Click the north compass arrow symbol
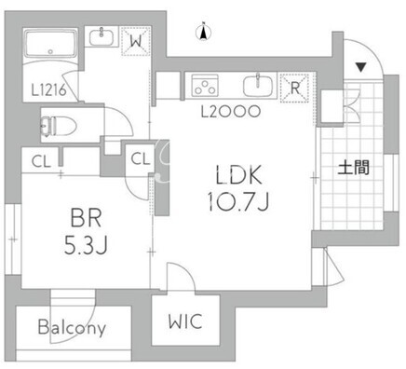point(204,32)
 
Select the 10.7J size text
point(238,201)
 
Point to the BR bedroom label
point(86,218)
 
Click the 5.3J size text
point(86,244)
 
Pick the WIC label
point(185,321)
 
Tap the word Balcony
point(72,327)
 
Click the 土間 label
point(354,169)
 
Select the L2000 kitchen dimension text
point(230,112)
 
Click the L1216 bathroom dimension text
point(49,90)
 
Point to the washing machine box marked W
point(136,41)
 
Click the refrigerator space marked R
point(294,88)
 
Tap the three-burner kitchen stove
point(205,85)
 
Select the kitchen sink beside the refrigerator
point(258,86)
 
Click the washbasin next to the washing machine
point(101,37)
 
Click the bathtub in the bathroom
point(51,44)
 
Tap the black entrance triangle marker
point(361,67)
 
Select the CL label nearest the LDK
point(141,158)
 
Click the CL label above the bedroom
point(41,161)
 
